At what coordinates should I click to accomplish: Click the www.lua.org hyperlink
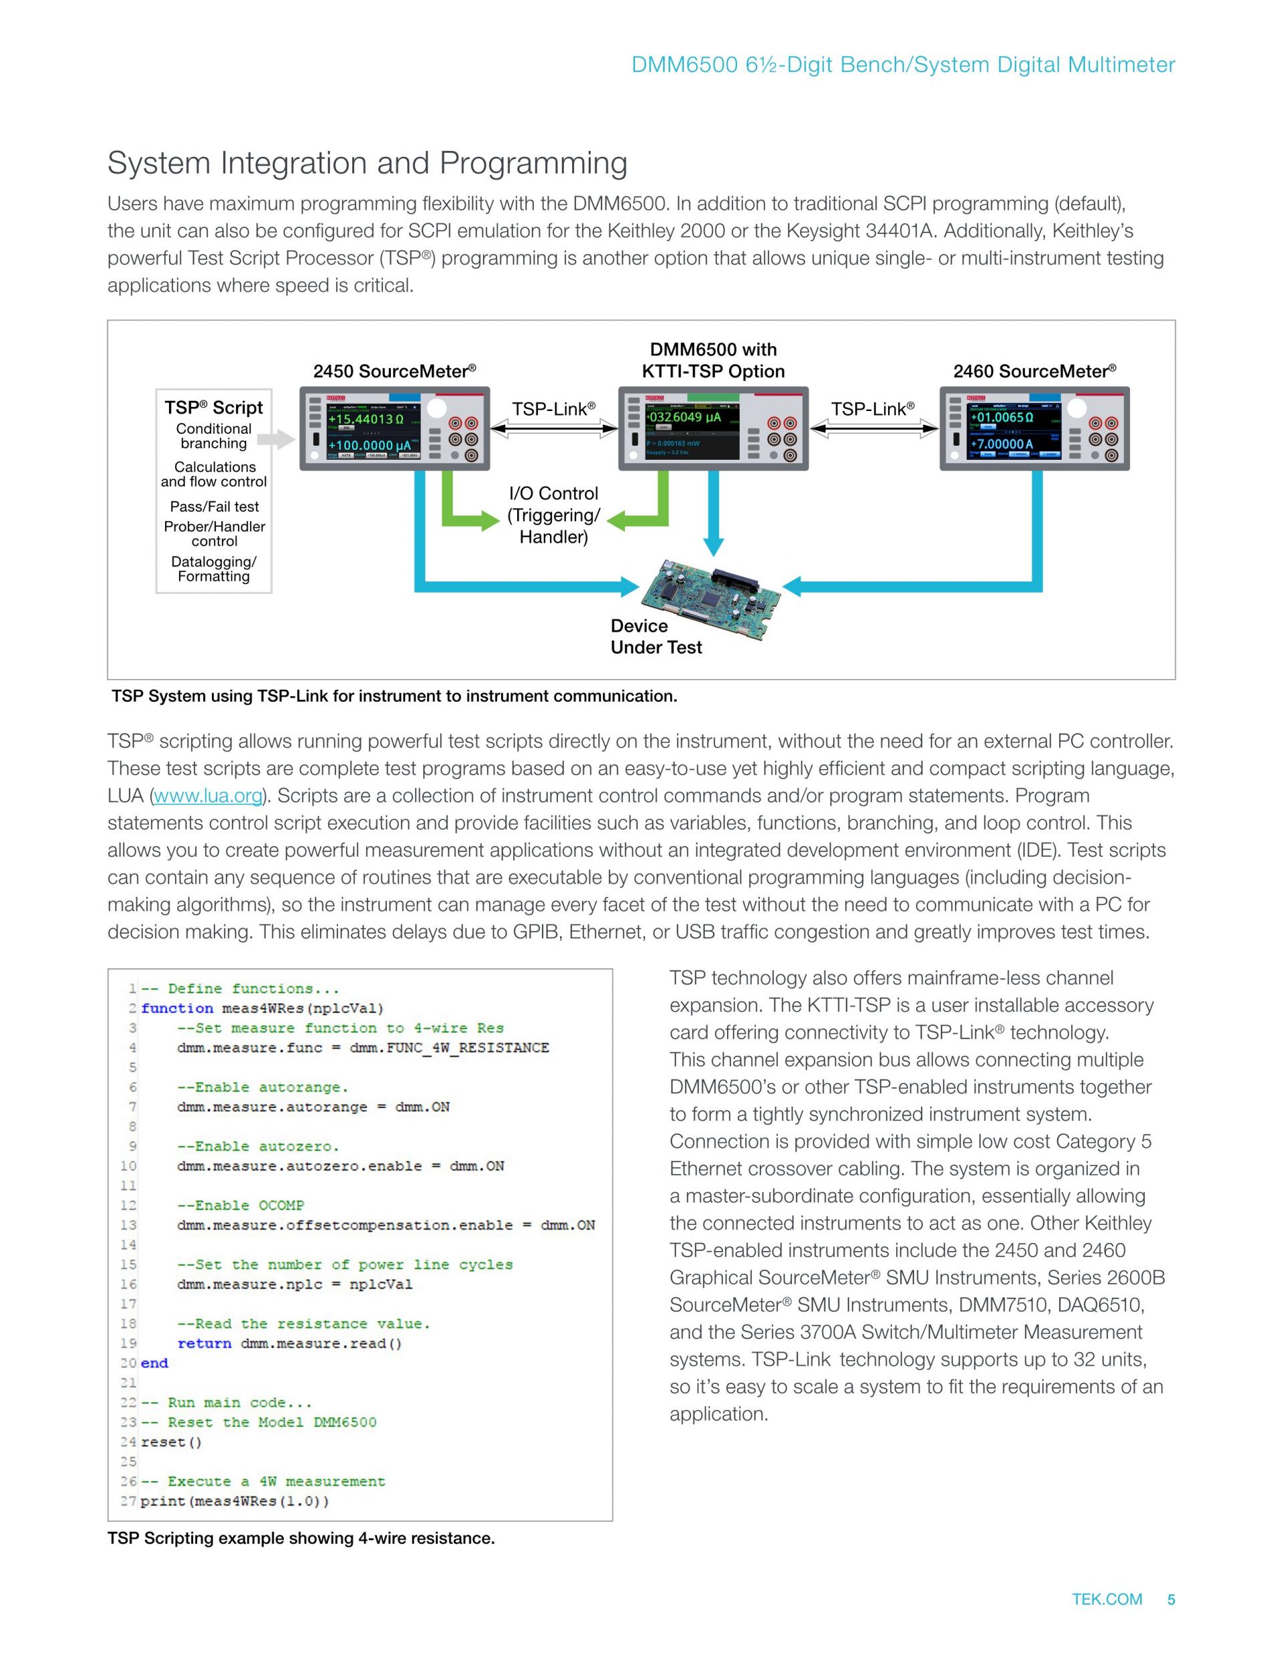208,796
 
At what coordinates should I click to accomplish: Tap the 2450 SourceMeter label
394,371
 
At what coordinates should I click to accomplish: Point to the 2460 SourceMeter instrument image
1034,428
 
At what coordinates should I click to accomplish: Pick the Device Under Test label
656,636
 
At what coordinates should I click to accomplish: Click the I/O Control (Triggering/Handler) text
553,515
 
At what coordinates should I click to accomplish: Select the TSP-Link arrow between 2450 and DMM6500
553,430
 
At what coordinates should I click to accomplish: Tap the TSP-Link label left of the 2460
873,409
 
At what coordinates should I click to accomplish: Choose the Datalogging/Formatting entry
214,569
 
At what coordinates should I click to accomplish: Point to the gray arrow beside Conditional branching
276,438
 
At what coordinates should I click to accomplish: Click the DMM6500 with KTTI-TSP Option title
713,360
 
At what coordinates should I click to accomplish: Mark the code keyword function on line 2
177,1008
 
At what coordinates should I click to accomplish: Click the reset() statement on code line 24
171,1442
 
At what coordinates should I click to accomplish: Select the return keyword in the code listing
204,1343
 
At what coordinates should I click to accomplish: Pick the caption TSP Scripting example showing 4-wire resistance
301,1538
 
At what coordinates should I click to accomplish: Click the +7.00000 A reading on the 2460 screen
1001,444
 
